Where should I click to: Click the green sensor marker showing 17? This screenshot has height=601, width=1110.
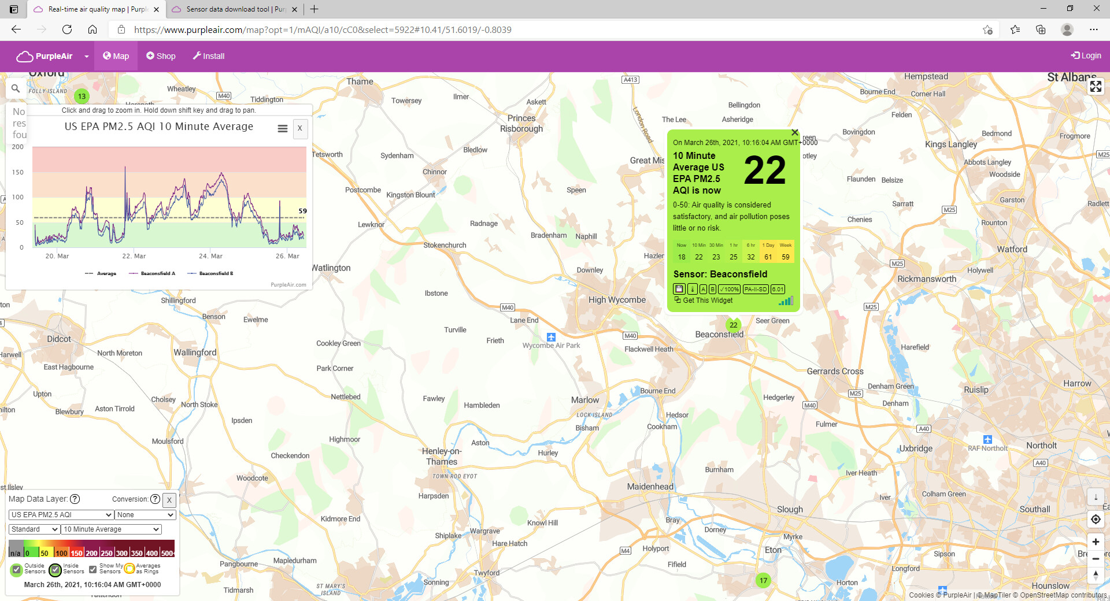[763, 580]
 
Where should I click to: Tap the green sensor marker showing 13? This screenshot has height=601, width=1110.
[82, 97]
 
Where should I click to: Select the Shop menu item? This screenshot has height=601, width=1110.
[161, 56]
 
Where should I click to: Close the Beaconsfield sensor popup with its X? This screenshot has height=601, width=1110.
[794, 133]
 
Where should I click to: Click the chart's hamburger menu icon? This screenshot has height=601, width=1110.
[282, 128]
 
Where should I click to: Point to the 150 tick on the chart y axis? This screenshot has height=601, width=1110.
[18, 172]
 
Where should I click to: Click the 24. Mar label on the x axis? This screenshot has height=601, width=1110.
[210, 256]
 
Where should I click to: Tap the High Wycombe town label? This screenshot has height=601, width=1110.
[617, 300]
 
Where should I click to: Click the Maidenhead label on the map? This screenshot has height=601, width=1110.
[650, 487]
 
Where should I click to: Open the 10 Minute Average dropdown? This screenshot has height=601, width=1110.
[111, 529]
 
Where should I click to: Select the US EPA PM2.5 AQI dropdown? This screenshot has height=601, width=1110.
[61, 515]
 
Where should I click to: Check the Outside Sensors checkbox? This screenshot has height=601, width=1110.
[16, 569]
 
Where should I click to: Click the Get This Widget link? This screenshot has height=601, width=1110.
[707, 300]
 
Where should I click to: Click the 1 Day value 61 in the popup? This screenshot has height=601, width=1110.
[768, 257]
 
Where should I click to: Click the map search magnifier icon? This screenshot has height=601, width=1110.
[16, 88]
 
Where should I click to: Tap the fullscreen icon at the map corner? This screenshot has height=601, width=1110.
[1095, 87]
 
